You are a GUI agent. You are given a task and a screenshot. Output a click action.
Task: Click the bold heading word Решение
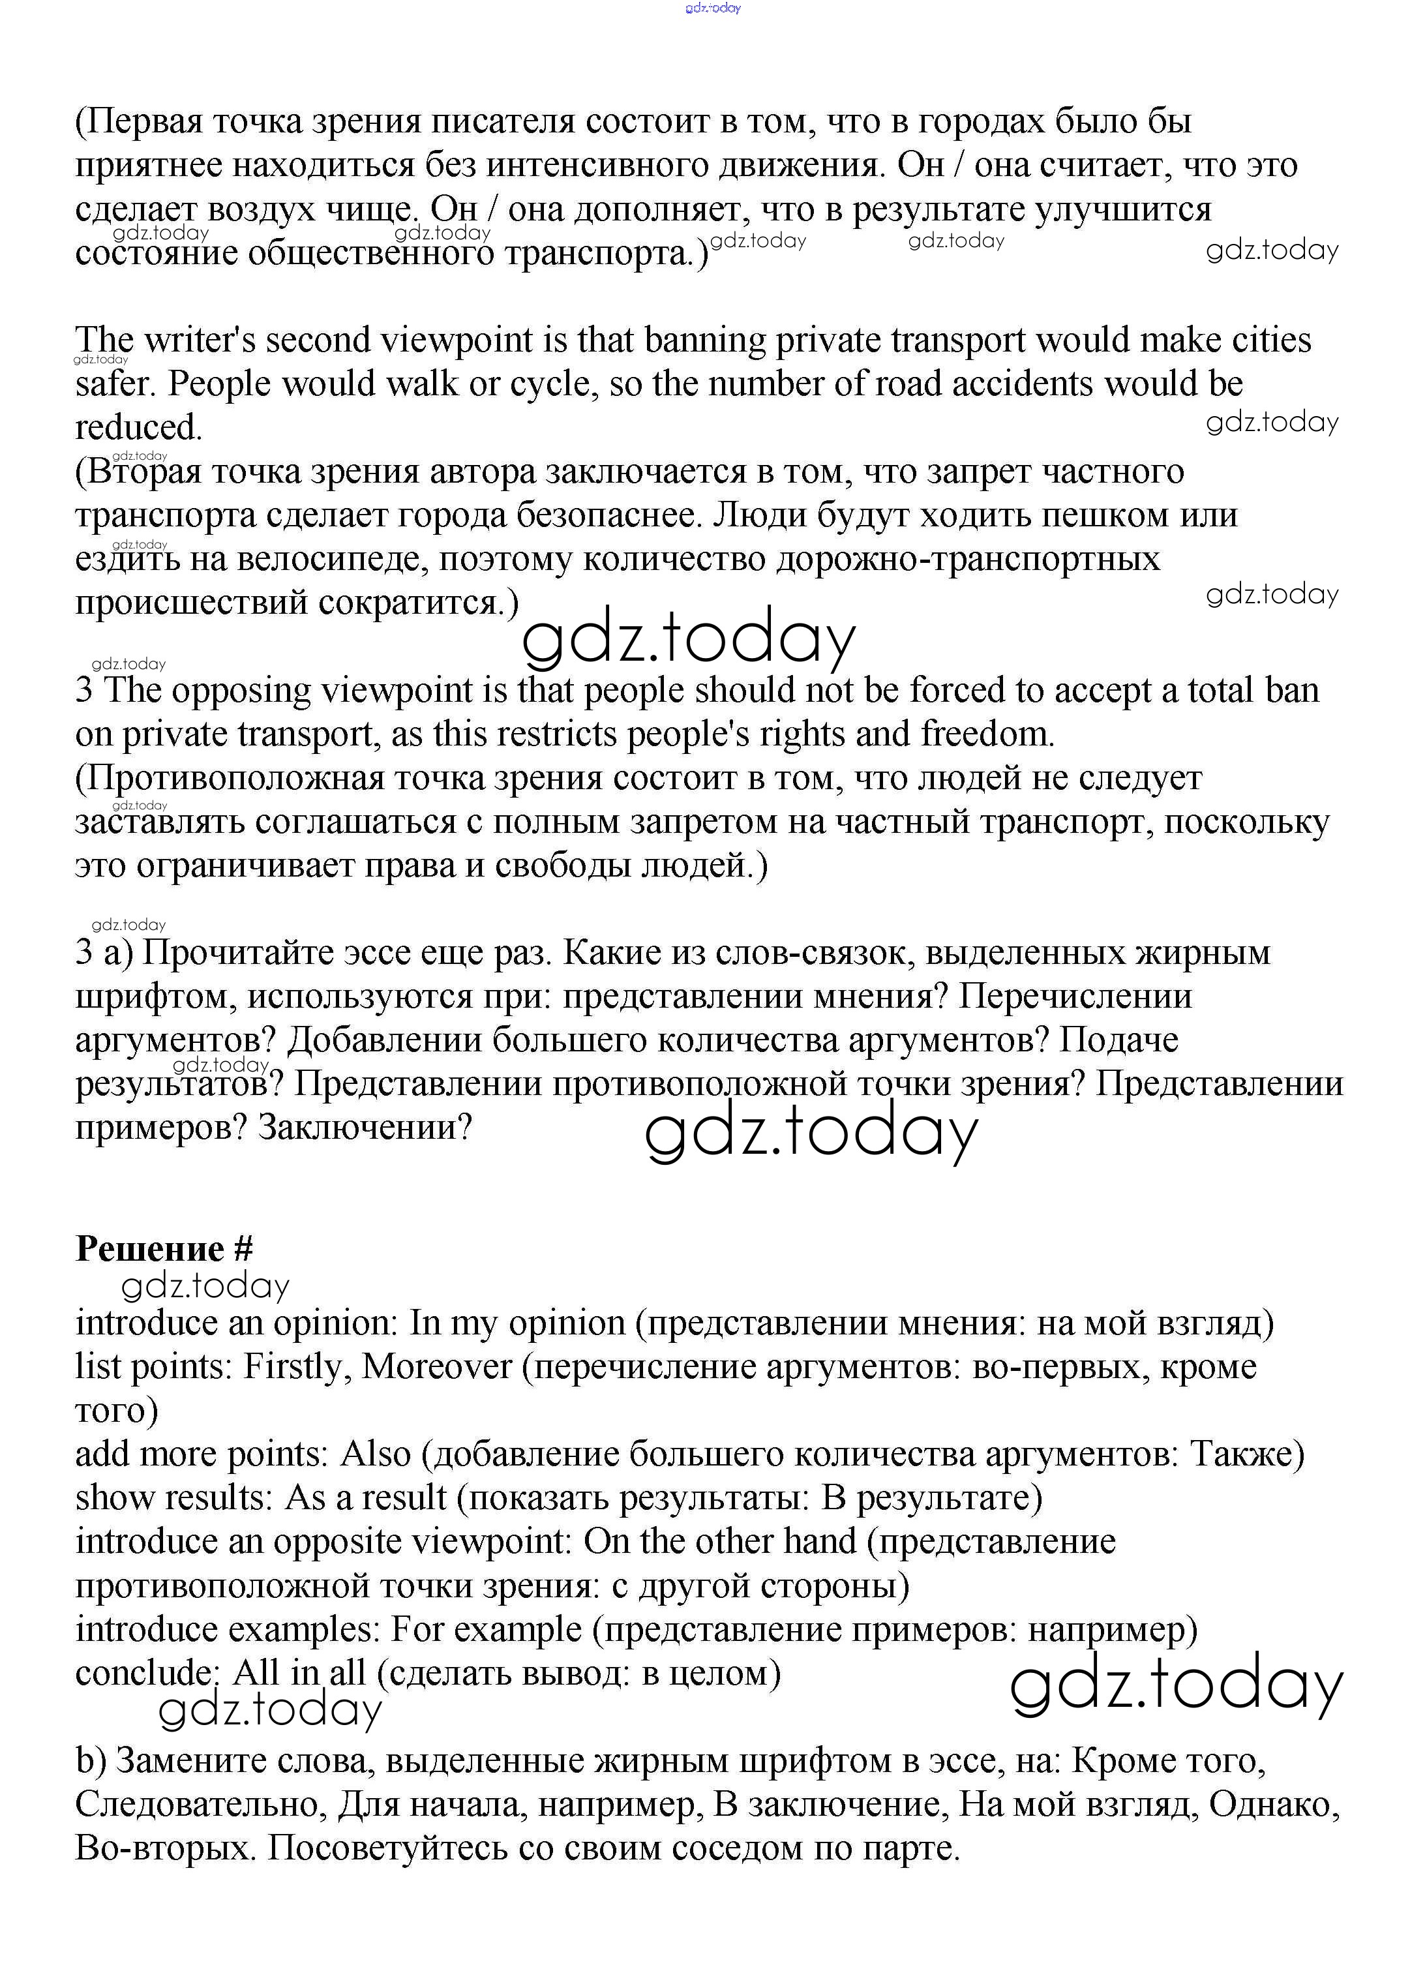[x=150, y=1249]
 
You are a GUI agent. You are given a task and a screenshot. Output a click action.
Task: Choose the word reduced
[x=139, y=427]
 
